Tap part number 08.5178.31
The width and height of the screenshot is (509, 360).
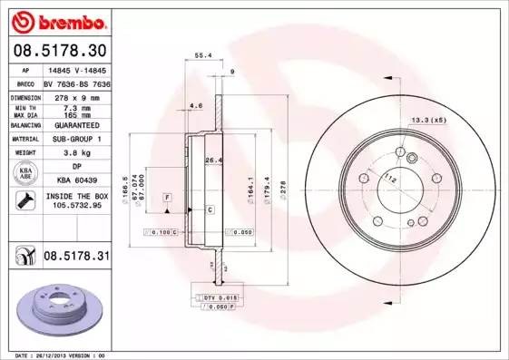click(x=77, y=258)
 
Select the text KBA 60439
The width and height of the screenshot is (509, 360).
click(x=76, y=180)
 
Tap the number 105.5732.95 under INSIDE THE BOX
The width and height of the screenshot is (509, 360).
click(x=76, y=207)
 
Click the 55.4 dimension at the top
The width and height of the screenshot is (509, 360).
click(x=204, y=55)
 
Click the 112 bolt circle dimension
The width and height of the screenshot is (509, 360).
click(x=390, y=180)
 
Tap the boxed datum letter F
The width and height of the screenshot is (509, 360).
click(x=167, y=197)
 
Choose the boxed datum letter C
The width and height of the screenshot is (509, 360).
click(x=210, y=209)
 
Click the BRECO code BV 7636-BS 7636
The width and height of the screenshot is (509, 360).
click(x=76, y=83)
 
